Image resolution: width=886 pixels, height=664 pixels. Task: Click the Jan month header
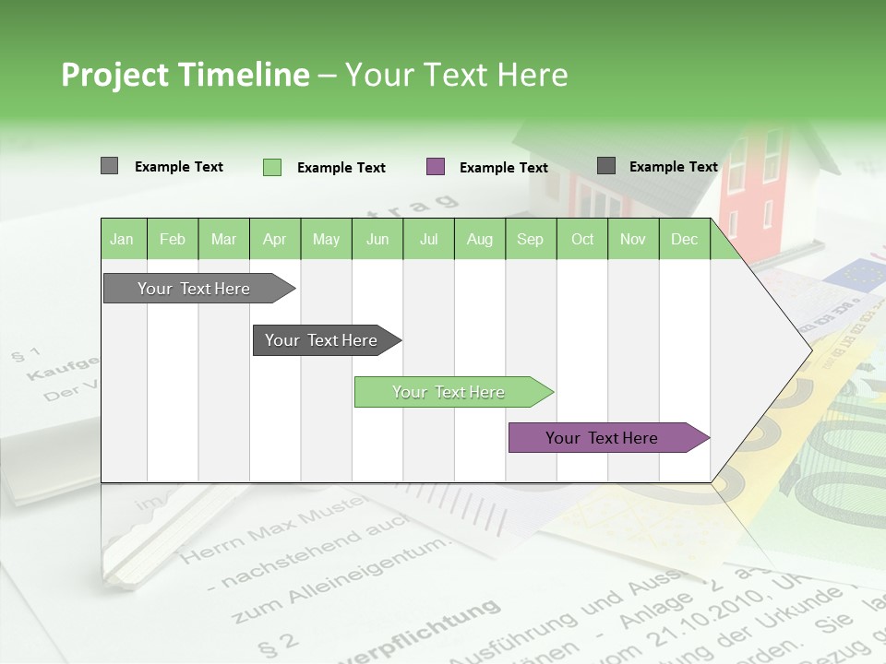[x=123, y=239]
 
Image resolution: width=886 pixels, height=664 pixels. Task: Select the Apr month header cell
[x=274, y=239]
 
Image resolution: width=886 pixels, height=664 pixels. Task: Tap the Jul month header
[x=428, y=239]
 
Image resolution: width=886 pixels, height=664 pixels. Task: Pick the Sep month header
[x=530, y=239]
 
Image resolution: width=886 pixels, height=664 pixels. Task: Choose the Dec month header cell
[x=684, y=239]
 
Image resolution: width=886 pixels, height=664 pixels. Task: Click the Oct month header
[x=581, y=239]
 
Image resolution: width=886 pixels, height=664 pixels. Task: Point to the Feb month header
[x=173, y=239]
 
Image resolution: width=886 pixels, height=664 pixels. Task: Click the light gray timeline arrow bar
[x=195, y=289]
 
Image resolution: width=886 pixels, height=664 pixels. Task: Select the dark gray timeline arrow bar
[x=322, y=340]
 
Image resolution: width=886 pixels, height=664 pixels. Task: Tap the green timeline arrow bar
[x=449, y=392]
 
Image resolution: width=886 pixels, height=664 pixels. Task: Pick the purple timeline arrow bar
[x=603, y=438]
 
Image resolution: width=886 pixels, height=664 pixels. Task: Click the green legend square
[x=272, y=167]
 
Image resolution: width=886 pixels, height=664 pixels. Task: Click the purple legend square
[x=436, y=167]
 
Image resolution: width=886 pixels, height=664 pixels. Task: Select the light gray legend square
[x=109, y=166]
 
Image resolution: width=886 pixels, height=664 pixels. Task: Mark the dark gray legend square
[x=606, y=166]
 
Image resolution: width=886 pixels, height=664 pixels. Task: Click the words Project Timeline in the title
[x=186, y=75]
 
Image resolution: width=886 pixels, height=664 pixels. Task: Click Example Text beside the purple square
[x=503, y=168]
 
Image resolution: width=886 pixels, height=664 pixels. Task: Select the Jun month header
[x=377, y=239]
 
